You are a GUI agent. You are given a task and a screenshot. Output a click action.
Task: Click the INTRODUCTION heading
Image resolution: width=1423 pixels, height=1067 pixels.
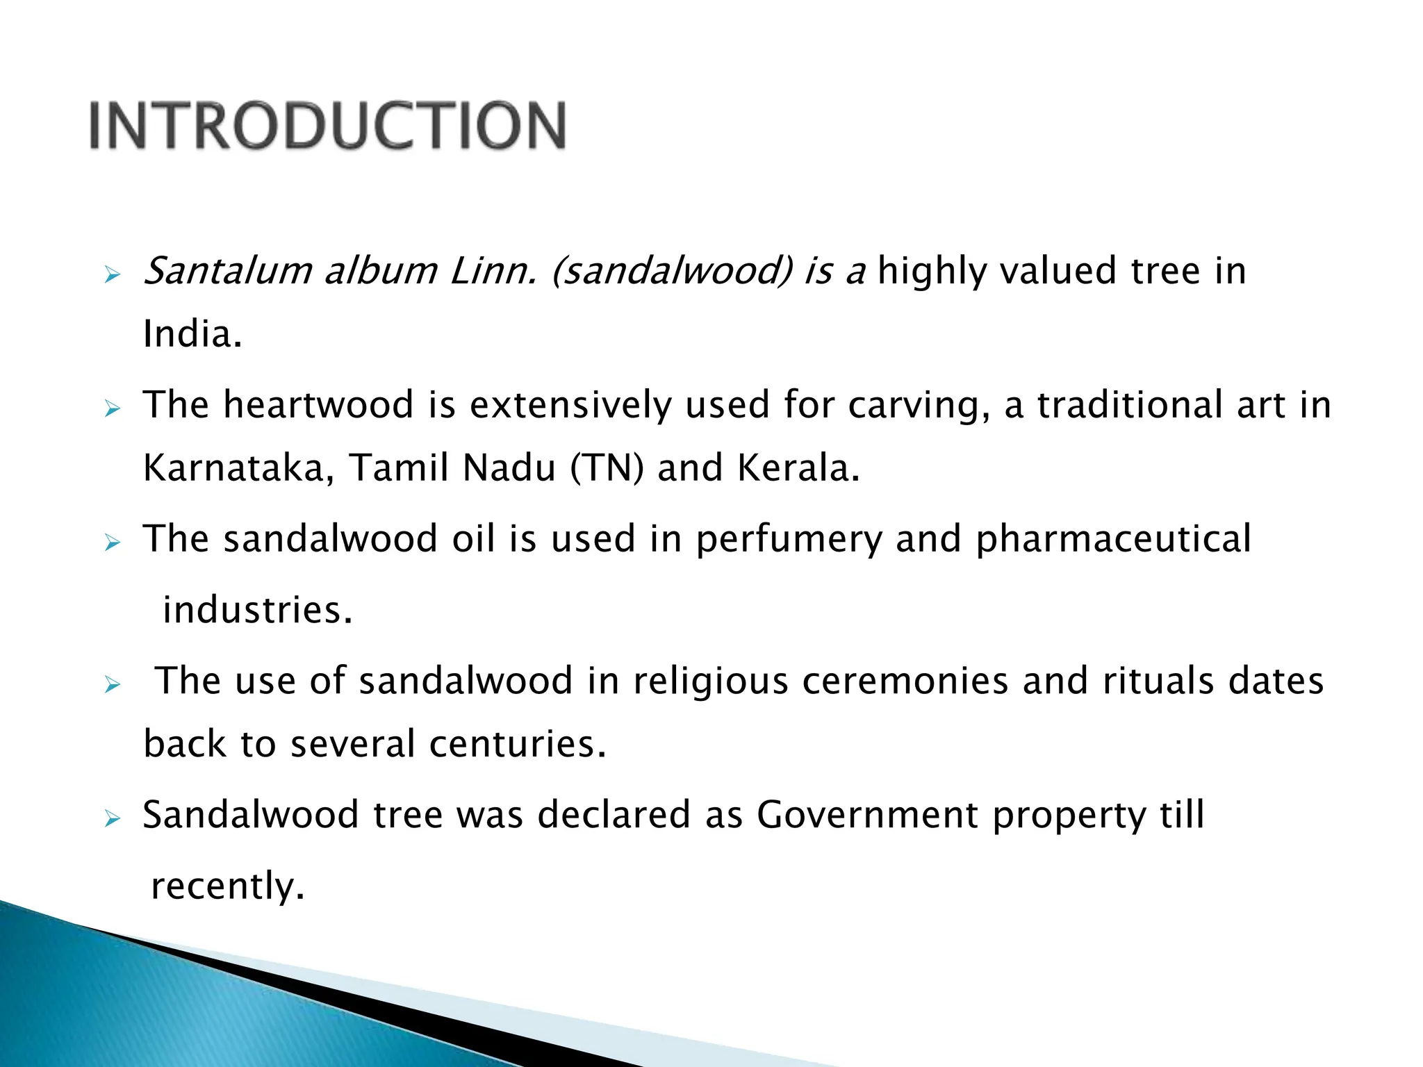tap(328, 126)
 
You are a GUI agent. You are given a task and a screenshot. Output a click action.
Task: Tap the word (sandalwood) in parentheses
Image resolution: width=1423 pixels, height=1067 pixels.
tap(672, 271)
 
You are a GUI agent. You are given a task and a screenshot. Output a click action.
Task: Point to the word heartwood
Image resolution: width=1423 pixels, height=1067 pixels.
tap(318, 405)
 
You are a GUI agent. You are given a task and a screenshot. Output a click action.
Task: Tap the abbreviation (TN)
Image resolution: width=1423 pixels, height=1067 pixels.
tap(607, 468)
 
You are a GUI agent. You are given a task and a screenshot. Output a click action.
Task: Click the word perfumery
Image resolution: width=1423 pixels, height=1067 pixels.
tap(789, 540)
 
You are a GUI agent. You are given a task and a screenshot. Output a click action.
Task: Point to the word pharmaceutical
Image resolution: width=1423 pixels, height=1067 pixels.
tap(1113, 540)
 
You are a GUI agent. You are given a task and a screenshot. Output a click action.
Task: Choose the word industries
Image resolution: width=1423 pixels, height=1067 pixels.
tap(257, 611)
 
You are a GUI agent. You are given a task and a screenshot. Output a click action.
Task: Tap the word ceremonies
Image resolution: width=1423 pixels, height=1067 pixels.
tap(905, 681)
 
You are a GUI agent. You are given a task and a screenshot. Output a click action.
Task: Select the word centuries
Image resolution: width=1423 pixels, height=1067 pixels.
tap(518, 745)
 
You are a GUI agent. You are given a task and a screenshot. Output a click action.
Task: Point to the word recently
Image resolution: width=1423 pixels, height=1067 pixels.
tap(227, 887)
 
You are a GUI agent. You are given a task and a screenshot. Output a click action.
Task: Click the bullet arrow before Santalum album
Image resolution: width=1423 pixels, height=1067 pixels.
tap(113, 276)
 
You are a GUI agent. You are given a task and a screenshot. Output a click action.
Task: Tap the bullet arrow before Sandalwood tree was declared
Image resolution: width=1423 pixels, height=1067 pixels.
tap(113, 820)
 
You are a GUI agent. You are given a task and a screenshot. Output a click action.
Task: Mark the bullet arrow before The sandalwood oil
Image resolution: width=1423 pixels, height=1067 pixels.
tap(113, 543)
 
